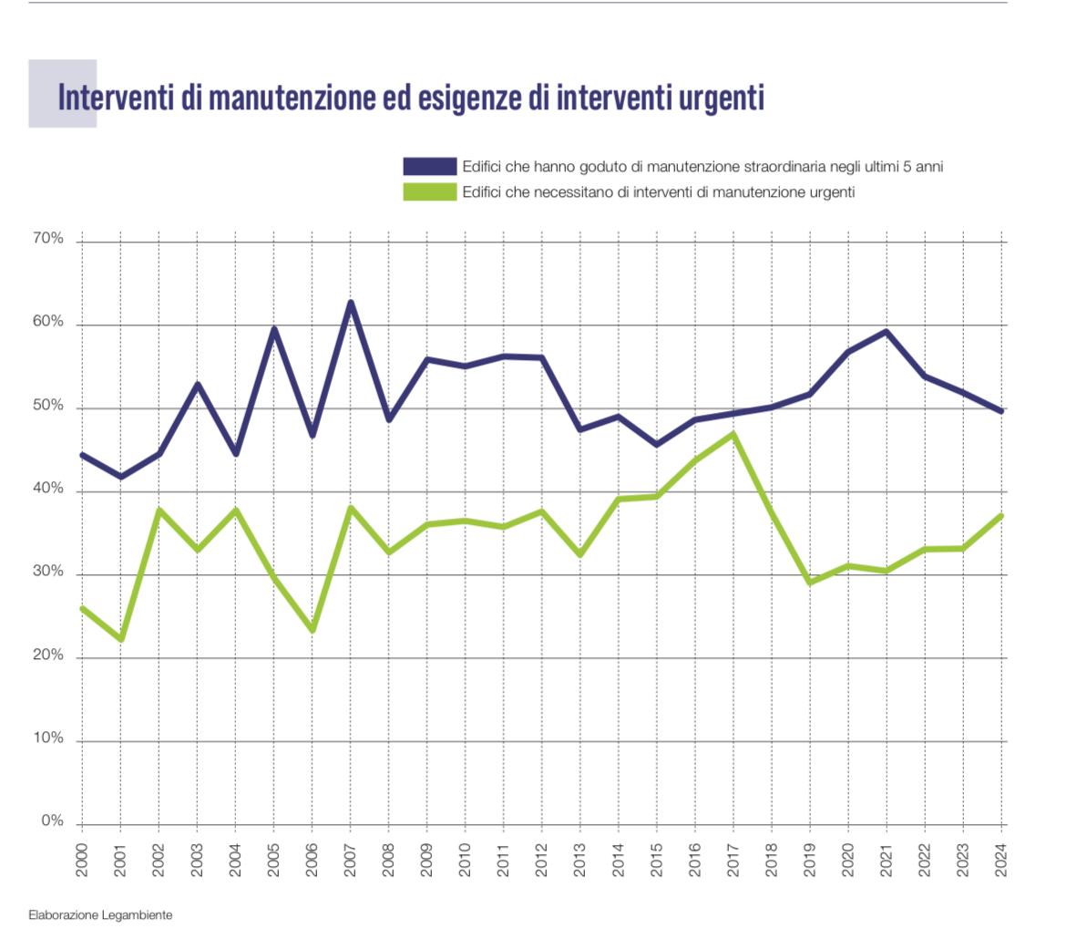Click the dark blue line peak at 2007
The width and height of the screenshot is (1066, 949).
351,303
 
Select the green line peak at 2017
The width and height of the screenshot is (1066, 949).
733,434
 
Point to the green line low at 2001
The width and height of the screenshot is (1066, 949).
120,638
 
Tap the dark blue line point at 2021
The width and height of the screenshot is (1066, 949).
887,332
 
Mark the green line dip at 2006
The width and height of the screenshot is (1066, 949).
313,630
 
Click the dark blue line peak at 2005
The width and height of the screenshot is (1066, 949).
273,329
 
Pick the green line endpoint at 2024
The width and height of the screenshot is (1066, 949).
1001,516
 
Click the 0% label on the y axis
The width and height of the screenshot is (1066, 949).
53,821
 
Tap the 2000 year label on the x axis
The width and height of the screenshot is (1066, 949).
82,861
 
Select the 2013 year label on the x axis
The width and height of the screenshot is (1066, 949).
580,861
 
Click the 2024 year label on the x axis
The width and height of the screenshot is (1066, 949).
1001,861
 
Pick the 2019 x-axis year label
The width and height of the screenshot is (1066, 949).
810,861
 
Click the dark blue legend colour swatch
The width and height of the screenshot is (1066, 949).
430,166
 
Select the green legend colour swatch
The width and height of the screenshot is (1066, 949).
430,191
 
